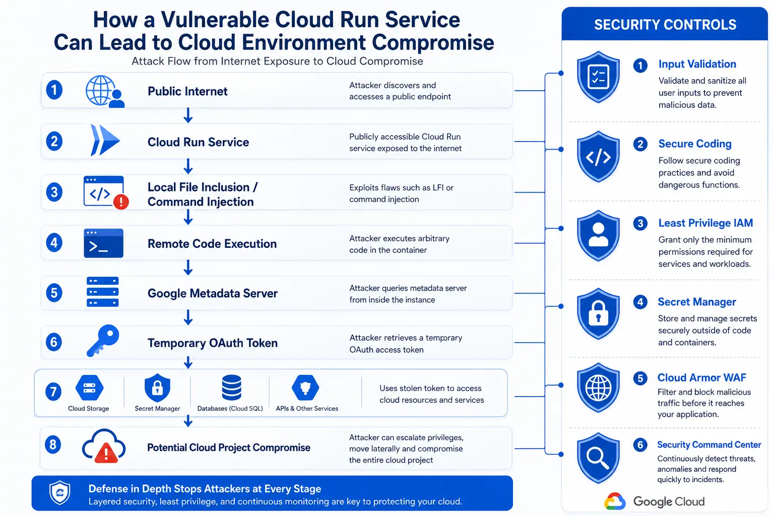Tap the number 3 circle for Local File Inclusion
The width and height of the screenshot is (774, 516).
[54, 192]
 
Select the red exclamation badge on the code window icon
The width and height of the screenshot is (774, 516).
[121, 202]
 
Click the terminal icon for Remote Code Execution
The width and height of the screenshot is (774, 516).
[103, 243]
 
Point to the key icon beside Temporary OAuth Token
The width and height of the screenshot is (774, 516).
[103, 341]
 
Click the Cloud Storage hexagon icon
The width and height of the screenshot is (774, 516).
[89, 388]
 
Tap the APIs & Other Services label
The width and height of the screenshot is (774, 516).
[307, 409]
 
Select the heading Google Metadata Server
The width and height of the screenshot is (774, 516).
[213, 293]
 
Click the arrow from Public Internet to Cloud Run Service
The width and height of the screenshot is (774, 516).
[188, 115]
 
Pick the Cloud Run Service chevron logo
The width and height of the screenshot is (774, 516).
[105, 140]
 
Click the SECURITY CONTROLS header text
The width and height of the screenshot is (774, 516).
[665, 25]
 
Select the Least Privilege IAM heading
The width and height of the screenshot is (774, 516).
[705, 223]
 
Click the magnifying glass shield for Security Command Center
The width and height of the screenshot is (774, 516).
[598, 458]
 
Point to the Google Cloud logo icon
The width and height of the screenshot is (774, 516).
[615, 501]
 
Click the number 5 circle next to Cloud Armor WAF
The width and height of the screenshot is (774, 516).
[640, 378]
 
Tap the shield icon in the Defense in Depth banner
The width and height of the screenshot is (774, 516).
[60, 492]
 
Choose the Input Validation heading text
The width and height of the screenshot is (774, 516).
[697, 64]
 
